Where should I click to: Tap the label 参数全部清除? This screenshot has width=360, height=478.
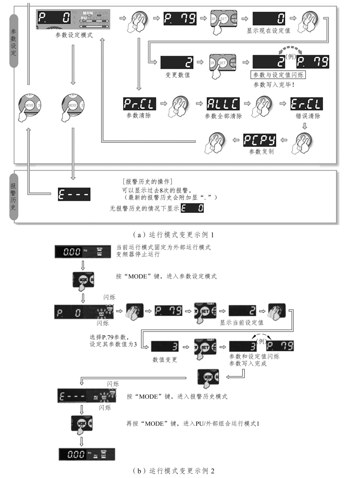coord(223,116)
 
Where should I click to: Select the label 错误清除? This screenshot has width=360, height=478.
coord(307,116)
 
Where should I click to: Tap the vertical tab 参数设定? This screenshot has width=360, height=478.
coord(13,41)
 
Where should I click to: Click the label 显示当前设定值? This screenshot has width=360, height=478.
coord(244,323)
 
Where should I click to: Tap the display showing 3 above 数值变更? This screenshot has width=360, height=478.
coord(165,347)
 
